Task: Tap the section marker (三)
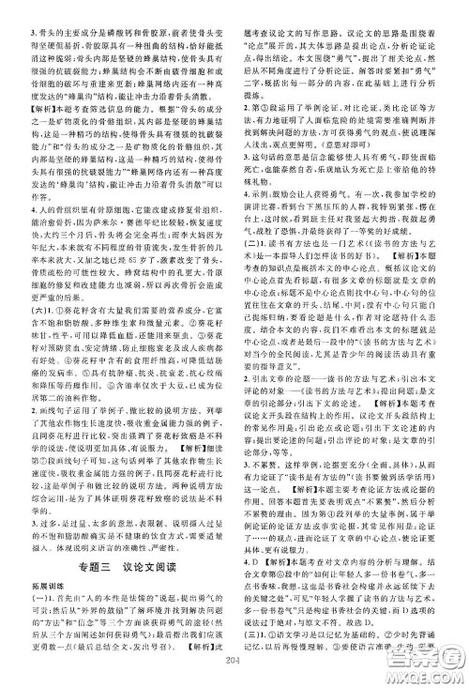(x=252, y=650)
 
